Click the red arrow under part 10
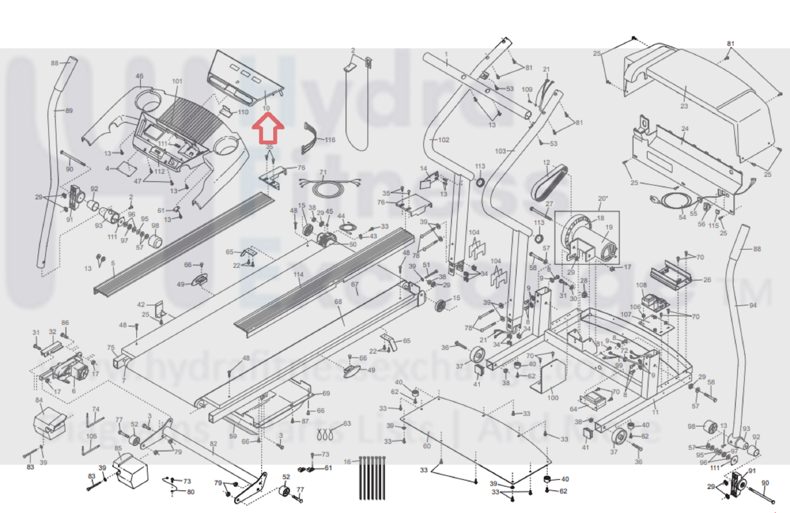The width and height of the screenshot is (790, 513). [268, 128]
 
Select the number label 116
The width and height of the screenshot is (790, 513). [330, 140]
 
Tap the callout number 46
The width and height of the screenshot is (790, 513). [139, 76]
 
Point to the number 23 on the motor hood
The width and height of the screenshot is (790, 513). [684, 106]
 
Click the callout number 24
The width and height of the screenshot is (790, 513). [685, 129]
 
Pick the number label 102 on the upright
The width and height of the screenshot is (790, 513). [443, 140]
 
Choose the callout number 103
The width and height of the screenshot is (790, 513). [500, 151]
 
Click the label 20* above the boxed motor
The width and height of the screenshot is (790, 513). [603, 198]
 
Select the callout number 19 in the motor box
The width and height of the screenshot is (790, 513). [609, 227]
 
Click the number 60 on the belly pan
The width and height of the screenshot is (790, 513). [426, 446]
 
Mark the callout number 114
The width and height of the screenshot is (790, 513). [298, 275]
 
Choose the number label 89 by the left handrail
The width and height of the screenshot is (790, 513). [69, 111]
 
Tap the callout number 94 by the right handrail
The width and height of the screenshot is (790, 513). [752, 305]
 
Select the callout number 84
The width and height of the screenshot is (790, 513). [39, 400]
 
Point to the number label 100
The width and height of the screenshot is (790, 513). [552, 397]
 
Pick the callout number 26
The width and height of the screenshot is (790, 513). [707, 279]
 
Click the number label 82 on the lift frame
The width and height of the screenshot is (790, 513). [213, 443]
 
